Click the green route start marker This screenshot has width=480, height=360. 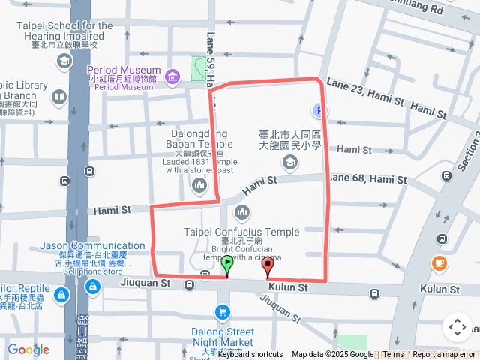coord(227,264)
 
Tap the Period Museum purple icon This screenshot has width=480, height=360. coord(173,76)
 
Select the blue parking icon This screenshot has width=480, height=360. coord(321,110)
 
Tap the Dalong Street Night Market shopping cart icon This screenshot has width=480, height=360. coord(222,311)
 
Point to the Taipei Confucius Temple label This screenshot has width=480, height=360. coord(241,232)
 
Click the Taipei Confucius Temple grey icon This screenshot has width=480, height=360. coord(241,213)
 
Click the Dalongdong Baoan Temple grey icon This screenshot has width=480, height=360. coord(199,184)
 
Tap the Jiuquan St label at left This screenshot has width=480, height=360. coord(145,283)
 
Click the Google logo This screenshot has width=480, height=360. coord(28,349)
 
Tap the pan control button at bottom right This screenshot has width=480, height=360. coord(457,327)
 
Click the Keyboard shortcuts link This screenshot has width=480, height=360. coord(250,355)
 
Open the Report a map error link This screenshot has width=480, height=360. coord(444,355)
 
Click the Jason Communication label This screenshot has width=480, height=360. coord(92,245)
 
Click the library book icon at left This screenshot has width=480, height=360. coord(58,97)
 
